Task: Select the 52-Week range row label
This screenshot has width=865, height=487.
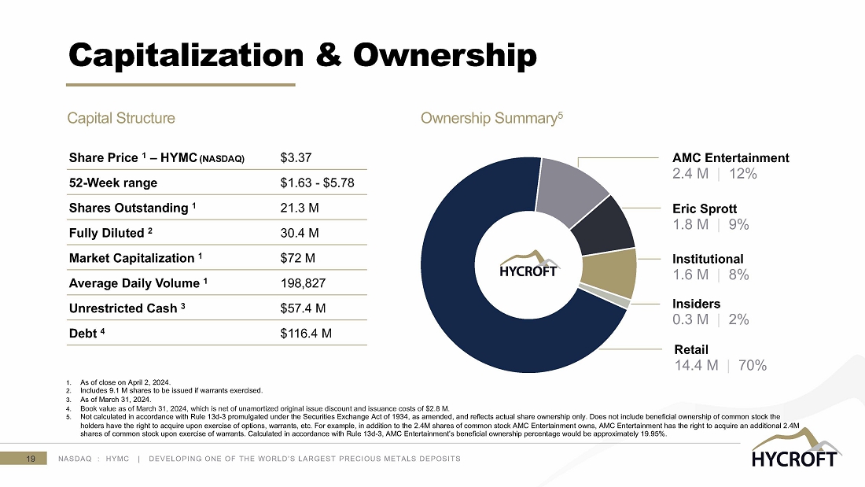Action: pyautogui.click(x=113, y=183)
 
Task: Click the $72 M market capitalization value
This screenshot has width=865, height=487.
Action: pyautogui.click(x=296, y=258)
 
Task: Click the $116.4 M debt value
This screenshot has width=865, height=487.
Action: pyautogui.click(x=306, y=334)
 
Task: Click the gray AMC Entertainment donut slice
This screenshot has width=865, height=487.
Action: pyautogui.click(x=572, y=183)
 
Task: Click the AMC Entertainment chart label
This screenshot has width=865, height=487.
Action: pyautogui.click(x=731, y=158)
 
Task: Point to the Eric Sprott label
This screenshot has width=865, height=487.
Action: pyautogui.click(x=705, y=209)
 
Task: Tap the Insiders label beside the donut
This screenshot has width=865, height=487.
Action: pyautogui.click(x=696, y=304)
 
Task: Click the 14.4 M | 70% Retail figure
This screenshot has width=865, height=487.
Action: pyautogui.click(x=720, y=365)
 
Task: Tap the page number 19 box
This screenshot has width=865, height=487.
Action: pyautogui.click(x=30, y=459)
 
